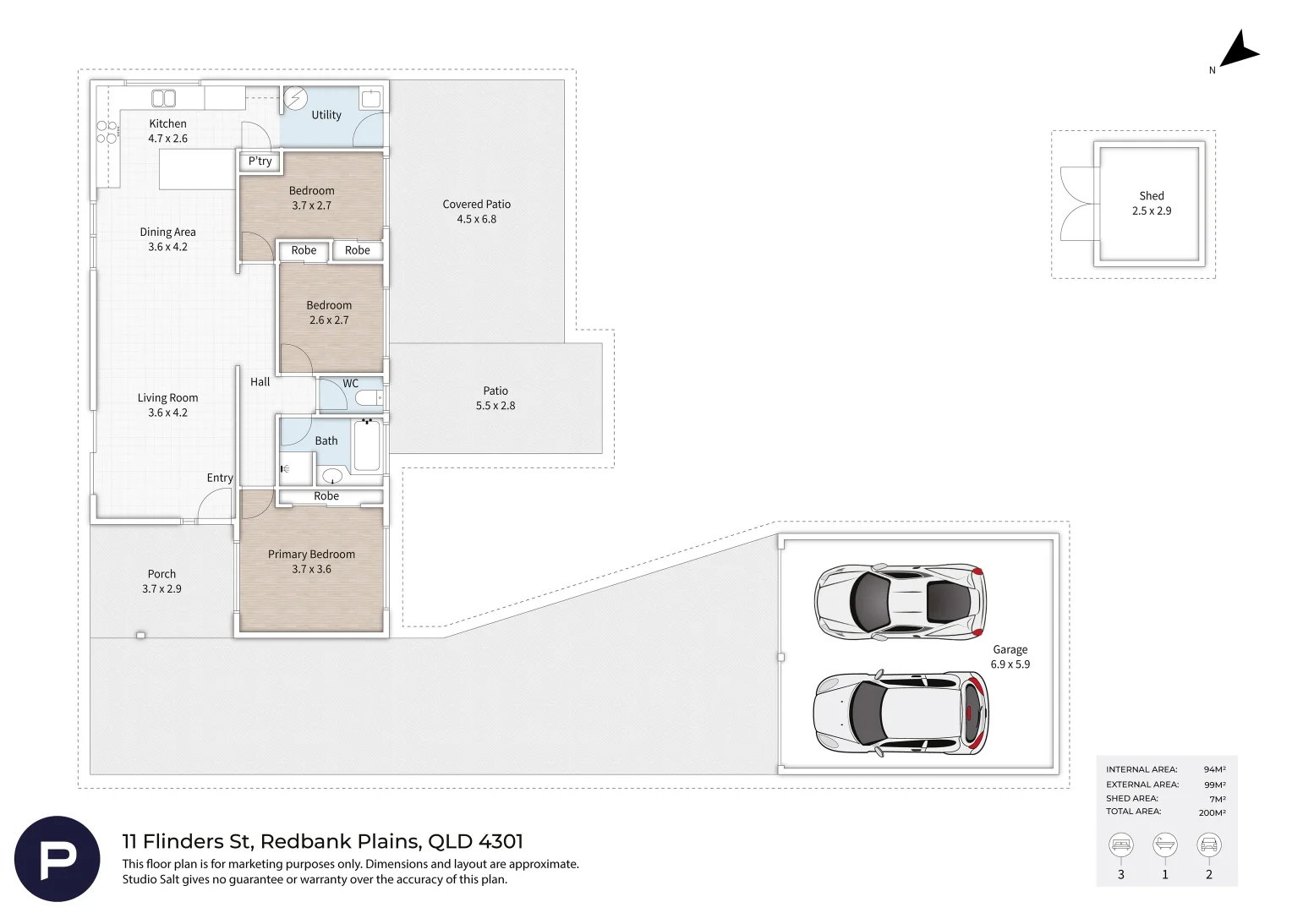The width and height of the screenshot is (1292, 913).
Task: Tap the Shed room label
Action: (x=1152, y=196)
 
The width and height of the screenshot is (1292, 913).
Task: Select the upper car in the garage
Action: (x=900, y=602)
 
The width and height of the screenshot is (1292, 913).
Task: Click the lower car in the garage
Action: (x=901, y=713)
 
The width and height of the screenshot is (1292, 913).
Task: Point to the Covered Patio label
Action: (x=476, y=205)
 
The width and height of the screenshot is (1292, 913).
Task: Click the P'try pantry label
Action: (x=260, y=161)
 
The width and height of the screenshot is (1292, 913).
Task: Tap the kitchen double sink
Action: (x=164, y=98)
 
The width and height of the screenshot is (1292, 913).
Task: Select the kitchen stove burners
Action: (x=107, y=132)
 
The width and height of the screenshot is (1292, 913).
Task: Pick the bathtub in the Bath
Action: (x=367, y=446)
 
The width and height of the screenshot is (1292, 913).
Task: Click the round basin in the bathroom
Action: (x=332, y=476)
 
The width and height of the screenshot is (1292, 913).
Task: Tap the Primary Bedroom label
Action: (x=311, y=555)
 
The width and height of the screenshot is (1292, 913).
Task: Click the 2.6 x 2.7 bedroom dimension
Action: (x=329, y=320)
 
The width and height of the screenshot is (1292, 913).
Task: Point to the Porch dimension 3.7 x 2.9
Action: (x=161, y=589)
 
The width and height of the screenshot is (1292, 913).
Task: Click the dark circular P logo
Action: (x=57, y=859)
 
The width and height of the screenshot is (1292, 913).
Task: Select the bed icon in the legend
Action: (x=1120, y=845)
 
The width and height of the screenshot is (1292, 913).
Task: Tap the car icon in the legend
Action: (x=1209, y=845)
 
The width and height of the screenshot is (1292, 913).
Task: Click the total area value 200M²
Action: (x=1212, y=812)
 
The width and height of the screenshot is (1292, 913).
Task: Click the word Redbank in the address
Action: (x=306, y=841)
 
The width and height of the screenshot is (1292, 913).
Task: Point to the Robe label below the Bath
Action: (x=326, y=496)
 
